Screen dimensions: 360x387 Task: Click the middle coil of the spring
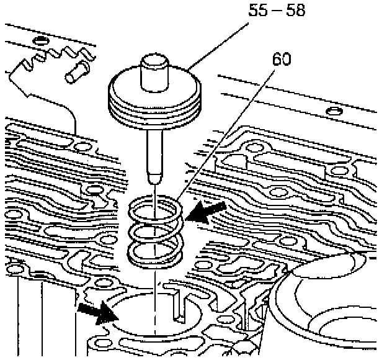pos(156,232)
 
